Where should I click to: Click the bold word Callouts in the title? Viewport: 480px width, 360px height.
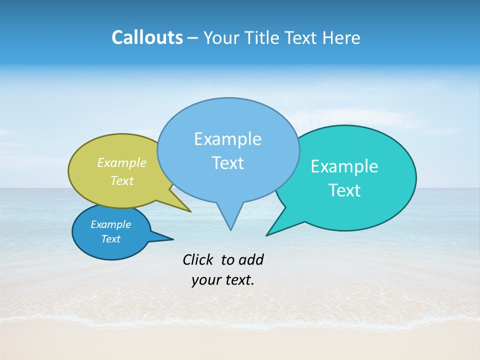coord(147,37)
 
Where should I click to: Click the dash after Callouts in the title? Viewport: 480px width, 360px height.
coord(193,38)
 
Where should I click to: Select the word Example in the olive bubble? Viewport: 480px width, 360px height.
coord(121,162)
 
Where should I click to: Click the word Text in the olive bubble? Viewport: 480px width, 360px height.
coord(121,180)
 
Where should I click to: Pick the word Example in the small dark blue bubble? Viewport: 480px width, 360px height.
coord(110,224)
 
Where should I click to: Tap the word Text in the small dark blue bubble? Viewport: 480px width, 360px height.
coord(110,239)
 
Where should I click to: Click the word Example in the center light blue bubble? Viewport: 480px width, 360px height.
coord(227,139)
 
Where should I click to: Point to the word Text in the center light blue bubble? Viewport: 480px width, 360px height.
coord(227,163)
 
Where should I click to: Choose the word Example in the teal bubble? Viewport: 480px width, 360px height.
coord(344,166)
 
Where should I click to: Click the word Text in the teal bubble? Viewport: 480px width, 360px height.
coord(344,190)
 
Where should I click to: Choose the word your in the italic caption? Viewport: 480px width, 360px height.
coord(206,280)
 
